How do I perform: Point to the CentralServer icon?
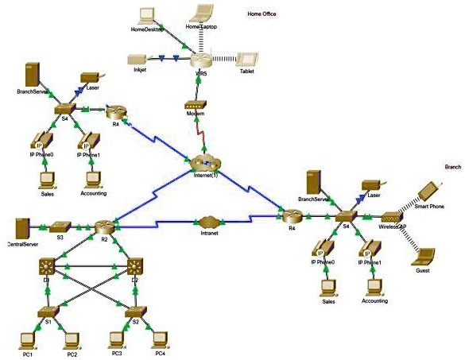pos(21,227)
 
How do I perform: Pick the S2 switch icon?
pos(135,312)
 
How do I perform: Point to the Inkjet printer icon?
pos(137,59)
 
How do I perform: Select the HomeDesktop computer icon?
pos(147,15)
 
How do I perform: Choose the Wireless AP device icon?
pos(391,217)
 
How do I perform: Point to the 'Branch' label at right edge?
pos(453,168)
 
